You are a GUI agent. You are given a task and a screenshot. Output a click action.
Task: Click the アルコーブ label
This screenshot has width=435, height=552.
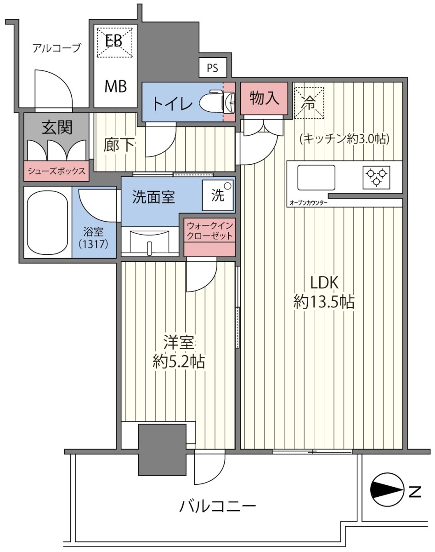click(x=56, y=48)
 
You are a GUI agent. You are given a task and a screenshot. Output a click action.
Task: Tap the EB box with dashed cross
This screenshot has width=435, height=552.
click(x=114, y=42)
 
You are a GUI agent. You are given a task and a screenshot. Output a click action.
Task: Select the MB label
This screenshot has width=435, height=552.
click(x=116, y=86)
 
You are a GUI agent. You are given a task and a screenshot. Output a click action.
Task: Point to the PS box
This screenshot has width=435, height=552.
click(x=213, y=68)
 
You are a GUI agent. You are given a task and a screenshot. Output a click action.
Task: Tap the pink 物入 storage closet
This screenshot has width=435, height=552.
click(x=264, y=98)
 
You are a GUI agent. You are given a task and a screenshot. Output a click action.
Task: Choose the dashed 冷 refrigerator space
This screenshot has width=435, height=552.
click(x=309, y=103)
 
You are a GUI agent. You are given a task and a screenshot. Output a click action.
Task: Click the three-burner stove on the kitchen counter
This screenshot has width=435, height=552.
click(x=376, y=177)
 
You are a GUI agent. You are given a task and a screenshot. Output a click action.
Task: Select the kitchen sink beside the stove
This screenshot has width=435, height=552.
click(x=316, y=177)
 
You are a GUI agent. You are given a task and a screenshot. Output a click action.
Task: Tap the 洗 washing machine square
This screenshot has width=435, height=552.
click(x=218, y=195)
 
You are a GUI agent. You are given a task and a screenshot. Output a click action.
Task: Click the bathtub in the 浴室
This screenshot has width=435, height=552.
click(x=47, y=222)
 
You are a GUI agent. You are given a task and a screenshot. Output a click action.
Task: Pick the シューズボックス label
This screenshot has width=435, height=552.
click(x=56, y=171)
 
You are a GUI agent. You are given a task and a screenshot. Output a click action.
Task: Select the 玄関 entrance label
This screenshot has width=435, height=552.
click(x=57, y=127)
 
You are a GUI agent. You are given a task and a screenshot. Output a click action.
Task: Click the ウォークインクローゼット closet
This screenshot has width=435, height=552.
click(x=209, y=237)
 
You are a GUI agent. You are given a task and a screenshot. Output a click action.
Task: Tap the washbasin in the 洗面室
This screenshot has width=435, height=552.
click(x=150, y=241)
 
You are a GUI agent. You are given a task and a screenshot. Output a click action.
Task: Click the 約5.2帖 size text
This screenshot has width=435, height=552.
click(x=179, y=362)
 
